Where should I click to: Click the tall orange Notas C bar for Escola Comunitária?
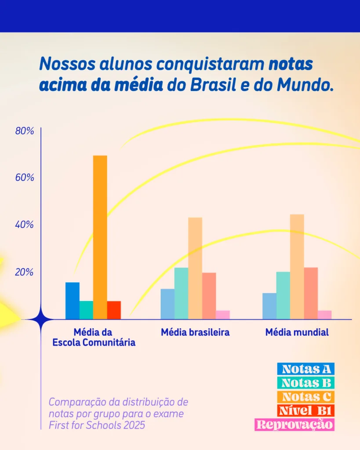tap(100, 237)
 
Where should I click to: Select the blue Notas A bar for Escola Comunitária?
tap(73, 301)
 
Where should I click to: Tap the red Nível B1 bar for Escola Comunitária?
tap(114, 310)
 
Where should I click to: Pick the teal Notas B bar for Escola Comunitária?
tap(86, 310)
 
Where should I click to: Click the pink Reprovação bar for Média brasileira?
tap(223, 315)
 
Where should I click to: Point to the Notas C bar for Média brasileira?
tap(195, 268)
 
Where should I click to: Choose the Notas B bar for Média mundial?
tap(283, 295)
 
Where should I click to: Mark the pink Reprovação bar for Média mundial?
tap(324, 315)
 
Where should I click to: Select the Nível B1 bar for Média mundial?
tap(311, 293)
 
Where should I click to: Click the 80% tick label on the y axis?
tap(25, 131)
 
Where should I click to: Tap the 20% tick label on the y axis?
tap(25, 272)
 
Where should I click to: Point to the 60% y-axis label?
tap(25, 178)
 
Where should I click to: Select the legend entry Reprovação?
tap(295, 425)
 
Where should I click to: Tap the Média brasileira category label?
tap(195, 332)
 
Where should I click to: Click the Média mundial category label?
tap(297, 332)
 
